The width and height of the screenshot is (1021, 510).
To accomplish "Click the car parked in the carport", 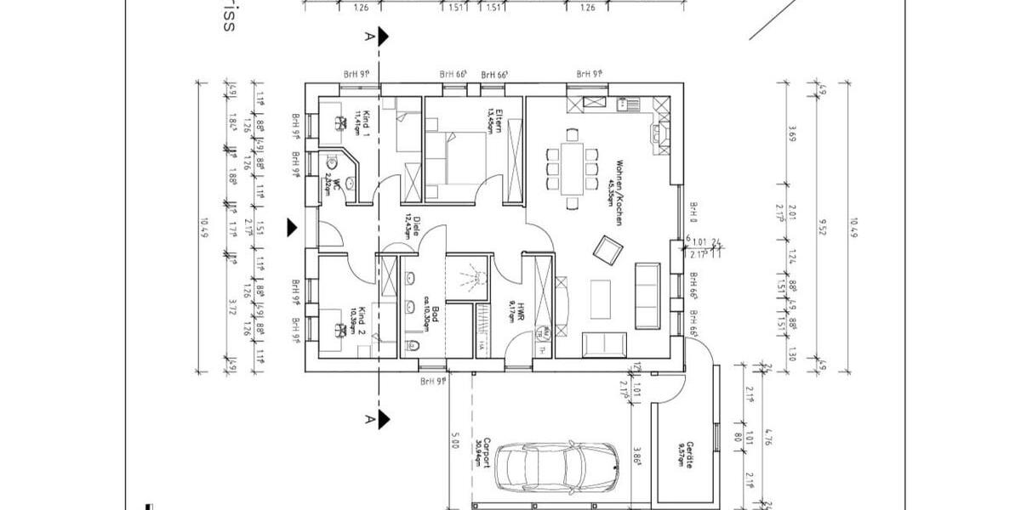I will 558,466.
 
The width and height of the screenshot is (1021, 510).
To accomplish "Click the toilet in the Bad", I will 413,345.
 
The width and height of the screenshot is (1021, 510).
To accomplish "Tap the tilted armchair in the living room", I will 608,249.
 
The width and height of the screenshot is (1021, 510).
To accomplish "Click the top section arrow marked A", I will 384,37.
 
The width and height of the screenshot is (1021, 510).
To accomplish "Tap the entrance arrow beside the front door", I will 293,228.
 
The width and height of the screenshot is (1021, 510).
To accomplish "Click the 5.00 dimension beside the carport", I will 455,442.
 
